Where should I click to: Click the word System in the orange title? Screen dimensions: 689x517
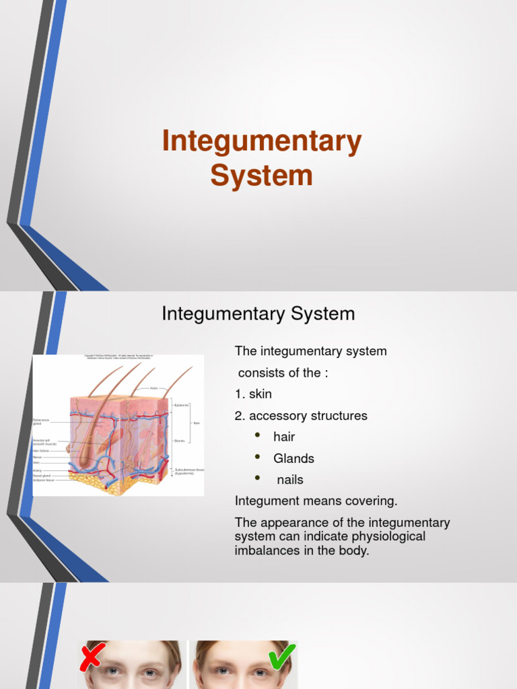(261, 176)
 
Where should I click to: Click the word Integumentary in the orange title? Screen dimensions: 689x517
(262, 141)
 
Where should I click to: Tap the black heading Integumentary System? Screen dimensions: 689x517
(258, 314)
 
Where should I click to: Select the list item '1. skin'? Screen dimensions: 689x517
(253, 394)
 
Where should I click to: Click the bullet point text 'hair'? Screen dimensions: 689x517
(284, 437)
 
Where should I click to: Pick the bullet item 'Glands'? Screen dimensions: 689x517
(294, 458)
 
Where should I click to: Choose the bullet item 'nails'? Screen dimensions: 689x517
(290, 480)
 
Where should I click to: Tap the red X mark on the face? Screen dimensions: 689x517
(92, 657)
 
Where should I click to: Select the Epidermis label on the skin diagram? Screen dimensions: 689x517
(182, 405)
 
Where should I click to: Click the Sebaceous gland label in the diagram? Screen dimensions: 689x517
(42, 422)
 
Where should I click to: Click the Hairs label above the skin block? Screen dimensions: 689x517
(153, 388)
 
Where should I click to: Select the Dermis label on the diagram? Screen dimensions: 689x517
(180, 441)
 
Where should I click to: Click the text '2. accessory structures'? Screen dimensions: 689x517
(301, 416)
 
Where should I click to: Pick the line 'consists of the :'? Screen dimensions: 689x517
(283, 373)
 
